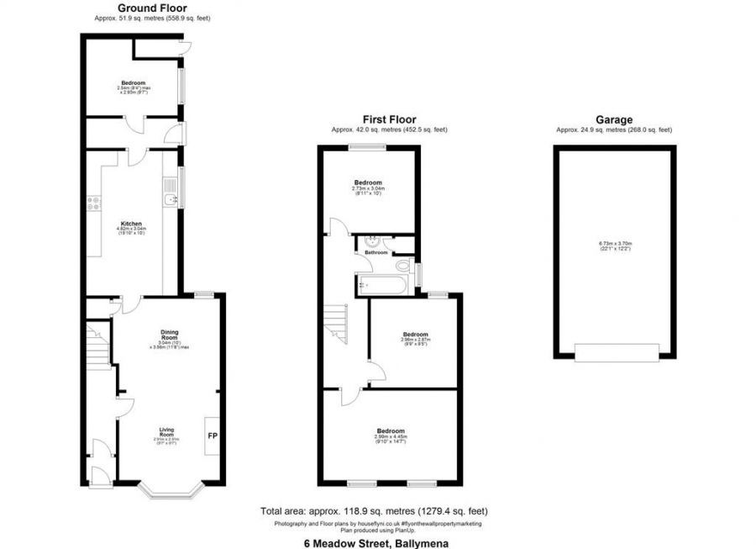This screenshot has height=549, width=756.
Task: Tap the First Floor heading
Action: (389, 119)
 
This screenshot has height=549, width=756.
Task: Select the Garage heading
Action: (613, 119)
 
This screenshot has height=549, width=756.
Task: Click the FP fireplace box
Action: (212, 436)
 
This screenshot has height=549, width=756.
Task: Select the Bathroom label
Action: (375, 252)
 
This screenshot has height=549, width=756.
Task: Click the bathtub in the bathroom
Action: (381, 284)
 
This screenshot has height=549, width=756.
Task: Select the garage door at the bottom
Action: (613, 352)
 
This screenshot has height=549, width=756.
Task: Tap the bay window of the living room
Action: (171, 488)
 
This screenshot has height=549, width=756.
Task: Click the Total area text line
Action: (375, 511)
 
